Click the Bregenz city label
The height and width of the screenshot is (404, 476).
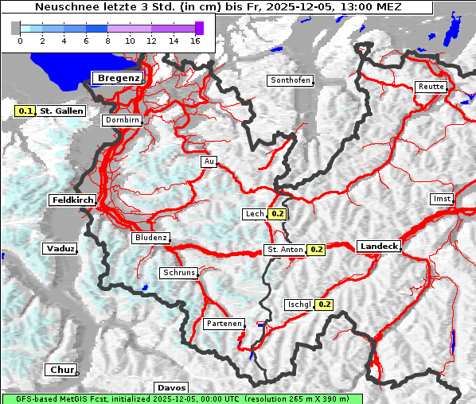click(119, 78)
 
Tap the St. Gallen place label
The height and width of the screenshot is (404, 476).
click(61, 111)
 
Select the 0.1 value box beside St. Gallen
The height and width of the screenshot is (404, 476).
click(25, 111)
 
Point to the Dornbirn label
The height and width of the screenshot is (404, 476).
click(123, 120)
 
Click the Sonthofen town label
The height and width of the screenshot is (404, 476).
click(290, 80)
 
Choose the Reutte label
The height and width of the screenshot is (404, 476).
click(431, 87)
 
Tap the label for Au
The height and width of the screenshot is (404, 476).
click(209, 161)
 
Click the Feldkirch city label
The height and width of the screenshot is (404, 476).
click(72, 200)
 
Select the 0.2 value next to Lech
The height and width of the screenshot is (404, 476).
click(277, 214)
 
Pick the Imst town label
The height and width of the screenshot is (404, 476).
click(441, 198)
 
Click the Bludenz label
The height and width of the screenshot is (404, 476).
click(150, 238)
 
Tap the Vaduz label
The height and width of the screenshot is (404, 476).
click(60, 249)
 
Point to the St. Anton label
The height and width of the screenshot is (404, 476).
click(285, 250)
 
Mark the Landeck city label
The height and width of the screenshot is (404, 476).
click(379, 247)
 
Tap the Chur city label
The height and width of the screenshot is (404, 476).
click(60, 370)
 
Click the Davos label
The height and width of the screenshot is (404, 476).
click(171, 387)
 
